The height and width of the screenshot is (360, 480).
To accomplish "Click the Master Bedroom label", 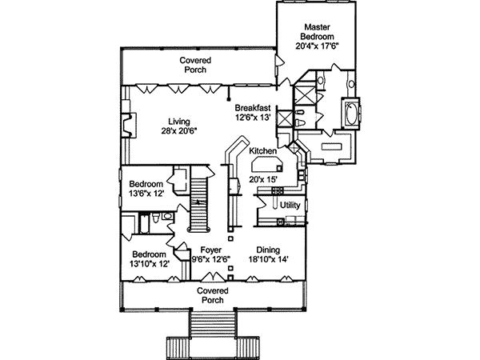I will pos(316,31).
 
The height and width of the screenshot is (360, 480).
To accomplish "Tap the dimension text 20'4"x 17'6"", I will pos(316,46).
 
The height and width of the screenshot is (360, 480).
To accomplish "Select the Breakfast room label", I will pos(253,107).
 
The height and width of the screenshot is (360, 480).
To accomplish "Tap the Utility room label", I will pos(290,206).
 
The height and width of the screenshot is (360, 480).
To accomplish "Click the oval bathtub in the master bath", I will pos(351,113).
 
